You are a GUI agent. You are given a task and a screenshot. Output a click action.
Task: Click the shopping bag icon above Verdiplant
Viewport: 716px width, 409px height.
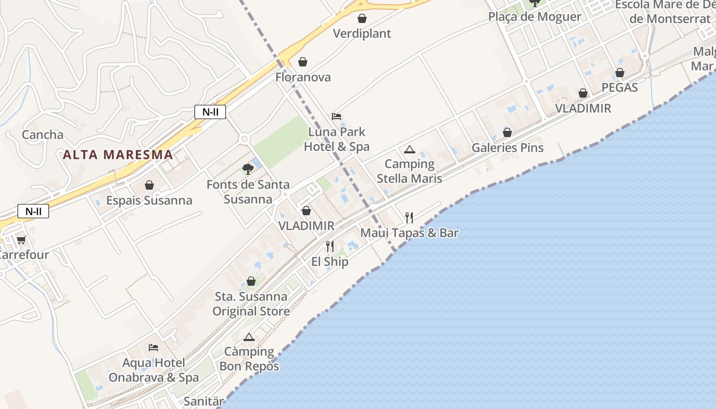362,19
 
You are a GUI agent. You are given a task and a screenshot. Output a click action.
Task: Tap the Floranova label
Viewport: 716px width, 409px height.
303,77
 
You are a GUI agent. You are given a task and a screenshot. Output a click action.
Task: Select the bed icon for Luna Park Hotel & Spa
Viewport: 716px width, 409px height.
337,117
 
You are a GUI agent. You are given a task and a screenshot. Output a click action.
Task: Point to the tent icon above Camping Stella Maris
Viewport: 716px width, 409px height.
409,149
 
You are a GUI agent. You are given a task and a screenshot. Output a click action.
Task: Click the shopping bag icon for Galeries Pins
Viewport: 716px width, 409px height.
507,133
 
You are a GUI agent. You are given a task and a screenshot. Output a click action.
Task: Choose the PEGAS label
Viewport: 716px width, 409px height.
619,87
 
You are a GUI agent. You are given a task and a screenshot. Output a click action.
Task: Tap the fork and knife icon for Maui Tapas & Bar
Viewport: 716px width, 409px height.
409,218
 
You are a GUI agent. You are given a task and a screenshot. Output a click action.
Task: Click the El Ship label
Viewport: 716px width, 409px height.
330,262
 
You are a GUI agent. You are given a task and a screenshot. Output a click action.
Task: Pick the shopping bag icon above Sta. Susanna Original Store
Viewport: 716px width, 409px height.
251,281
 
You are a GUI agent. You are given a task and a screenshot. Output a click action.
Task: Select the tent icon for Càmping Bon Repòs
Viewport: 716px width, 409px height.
249,337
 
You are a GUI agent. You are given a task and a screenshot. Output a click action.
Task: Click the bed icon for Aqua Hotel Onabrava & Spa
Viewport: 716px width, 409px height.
153,348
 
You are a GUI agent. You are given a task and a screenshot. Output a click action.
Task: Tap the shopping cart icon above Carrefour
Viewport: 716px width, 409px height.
21,240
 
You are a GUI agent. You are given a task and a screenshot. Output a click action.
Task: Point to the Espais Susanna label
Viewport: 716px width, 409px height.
149,200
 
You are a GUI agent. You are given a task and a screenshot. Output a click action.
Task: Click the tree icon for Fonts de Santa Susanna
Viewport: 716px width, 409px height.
248,169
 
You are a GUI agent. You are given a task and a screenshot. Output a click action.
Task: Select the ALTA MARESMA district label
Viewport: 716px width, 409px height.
118,154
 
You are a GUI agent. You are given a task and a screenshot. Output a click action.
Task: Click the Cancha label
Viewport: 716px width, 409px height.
42,135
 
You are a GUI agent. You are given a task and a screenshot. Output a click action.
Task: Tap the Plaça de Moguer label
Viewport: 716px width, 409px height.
534,16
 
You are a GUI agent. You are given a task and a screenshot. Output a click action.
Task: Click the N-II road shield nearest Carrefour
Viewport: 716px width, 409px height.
33,211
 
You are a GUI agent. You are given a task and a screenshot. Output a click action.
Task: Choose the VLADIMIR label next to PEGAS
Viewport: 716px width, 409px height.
583,108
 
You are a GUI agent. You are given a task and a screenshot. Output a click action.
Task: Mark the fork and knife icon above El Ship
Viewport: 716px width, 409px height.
330,246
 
